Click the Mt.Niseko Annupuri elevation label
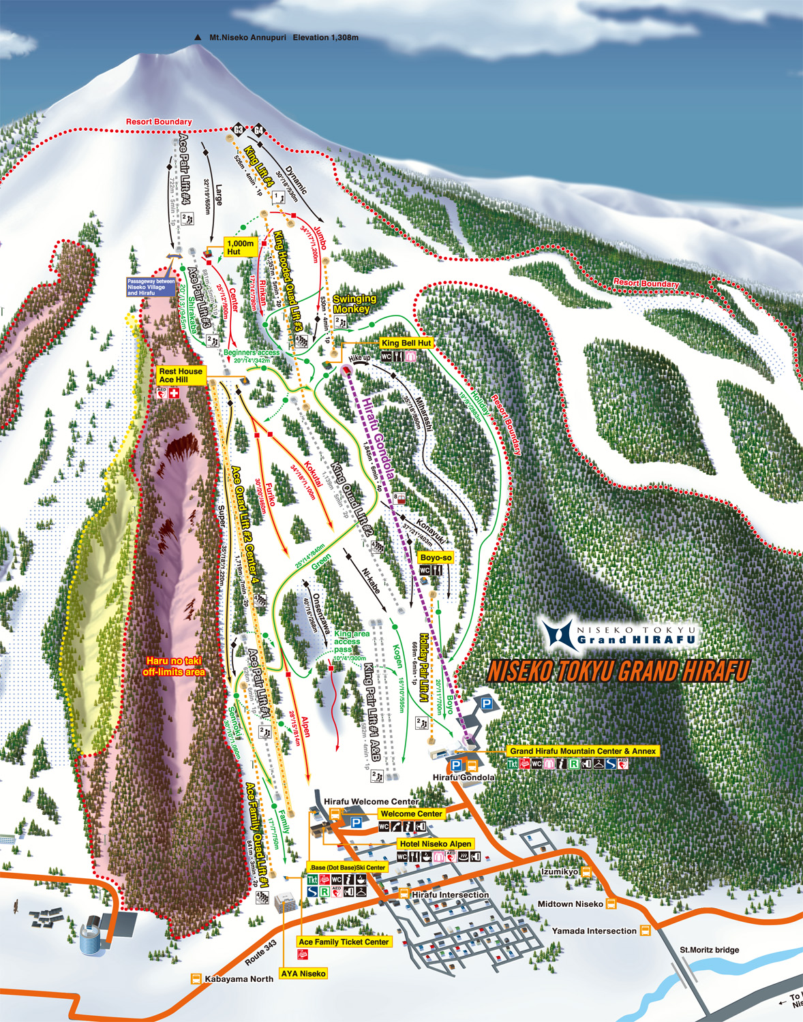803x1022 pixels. pyautogui.click(x=284, y=37)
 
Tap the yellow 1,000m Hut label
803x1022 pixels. pyautogui.click(x=240, y=247)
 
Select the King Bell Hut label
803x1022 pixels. pyautogui.click(x=406, y=343)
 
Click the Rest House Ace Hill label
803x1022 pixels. pyautogui.click(x=181, y=375)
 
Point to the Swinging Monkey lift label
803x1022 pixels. pyautogui.click(x=354, y=304)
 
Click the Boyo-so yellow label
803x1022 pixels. pyautogui.click(x=436, y=557)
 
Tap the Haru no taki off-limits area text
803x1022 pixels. pyautogui.click(x=174, y=666)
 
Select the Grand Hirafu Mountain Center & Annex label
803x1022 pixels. pyautogui.click(x=583, y=751)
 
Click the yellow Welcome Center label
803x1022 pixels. pyautogui.click(x=411, y=814)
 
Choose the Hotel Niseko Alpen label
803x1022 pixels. pyautogui.click(x=436, y=843)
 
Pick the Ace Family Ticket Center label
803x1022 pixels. pyautogui.click(x=344, y=942)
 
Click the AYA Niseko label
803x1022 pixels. pyautogui.click(x=303, y=974)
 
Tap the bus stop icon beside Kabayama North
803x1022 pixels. pyautogui.click(x=196, y=979)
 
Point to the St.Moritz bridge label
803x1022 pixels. pyautogui.click(x=709, y=950)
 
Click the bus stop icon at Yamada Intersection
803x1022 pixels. pyautogui.click(x=645, y=931)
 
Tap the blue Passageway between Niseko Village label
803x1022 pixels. pyautogui.click(x=151, y=287)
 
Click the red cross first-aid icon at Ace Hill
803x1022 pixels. pyautogui.click(x=174, y=394)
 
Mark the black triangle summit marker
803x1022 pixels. pyautogui.click(x=198, y=37)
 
